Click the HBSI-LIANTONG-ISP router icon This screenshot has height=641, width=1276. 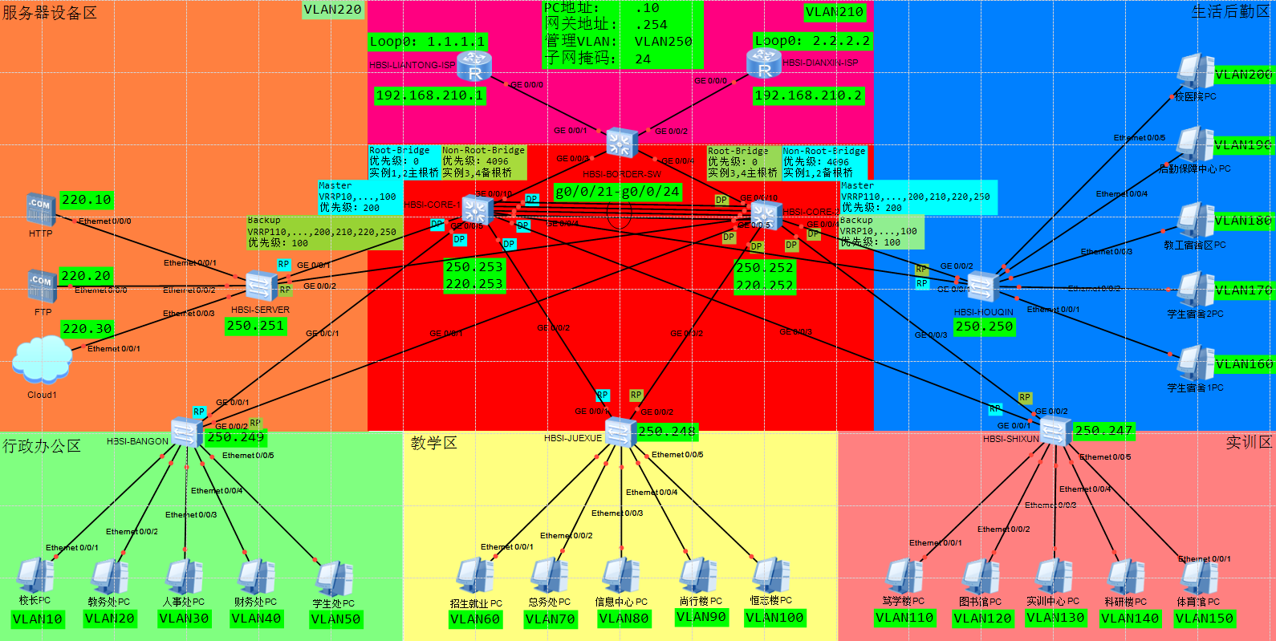474,66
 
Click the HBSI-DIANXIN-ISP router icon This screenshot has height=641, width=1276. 763,63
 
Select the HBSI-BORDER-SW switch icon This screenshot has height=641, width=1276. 620,143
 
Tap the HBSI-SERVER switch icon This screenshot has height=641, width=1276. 261,286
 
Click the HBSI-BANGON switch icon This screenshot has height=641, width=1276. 186,434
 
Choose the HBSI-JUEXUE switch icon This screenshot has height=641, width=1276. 620,432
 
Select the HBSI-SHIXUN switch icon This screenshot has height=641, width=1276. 1055,432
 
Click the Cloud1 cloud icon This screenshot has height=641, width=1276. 42,359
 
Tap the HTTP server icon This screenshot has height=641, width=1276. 41,209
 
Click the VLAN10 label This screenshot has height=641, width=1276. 37,619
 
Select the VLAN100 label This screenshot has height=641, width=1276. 774,618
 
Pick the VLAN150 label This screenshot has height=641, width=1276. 1204,619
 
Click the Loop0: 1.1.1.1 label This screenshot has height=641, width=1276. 427,42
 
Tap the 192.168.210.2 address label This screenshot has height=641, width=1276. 808,95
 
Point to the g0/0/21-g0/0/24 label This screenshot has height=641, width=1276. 618,192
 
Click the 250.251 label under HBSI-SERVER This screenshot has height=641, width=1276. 255,326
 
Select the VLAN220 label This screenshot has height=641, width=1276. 332,10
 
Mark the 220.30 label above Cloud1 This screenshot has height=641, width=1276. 87,329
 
